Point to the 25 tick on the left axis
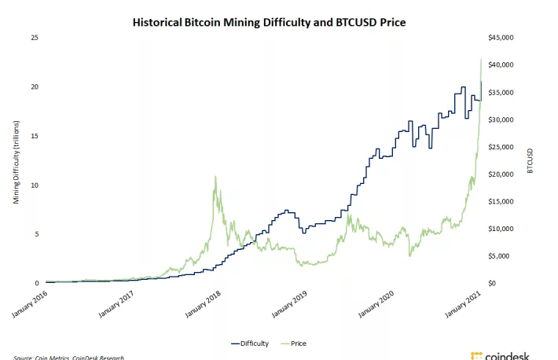tap(34, 37)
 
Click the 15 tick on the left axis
tap(34, 135)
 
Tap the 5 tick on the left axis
tap(36, 233)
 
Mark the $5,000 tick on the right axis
tap(501, 255)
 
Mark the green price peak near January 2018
tap(215, 177)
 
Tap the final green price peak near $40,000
tap(481, 59)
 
